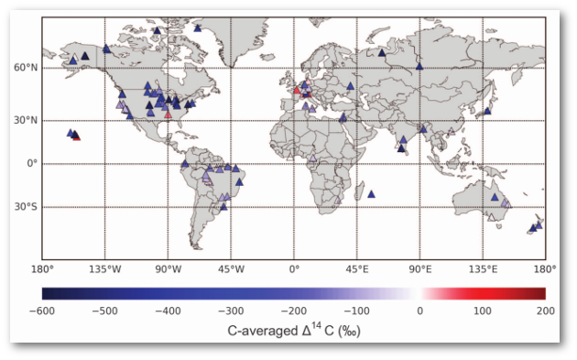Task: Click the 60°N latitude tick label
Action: (x=26, y=68)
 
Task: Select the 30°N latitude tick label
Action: (x=26, y=120)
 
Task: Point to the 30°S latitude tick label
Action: (x=26, y=207)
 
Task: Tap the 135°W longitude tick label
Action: (x=104, y=269)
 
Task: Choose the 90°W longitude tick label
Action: (x=168, y=269)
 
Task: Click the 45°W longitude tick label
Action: (x=231, y=269)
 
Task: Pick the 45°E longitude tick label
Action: (x=357, y=269)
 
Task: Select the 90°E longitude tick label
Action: (x=420, y=269)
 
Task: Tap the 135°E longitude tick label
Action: (x=484, y=269)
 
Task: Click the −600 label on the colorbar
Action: (x=42, y=311)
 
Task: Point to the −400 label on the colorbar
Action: (x=168, y=311)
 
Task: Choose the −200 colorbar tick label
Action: (x=293, y=311)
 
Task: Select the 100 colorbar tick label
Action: (x=483, y=311)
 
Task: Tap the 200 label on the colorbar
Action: (x=544, y=311)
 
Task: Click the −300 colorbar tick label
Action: (x=231, y=311)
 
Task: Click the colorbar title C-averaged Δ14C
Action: (x=293, y=330)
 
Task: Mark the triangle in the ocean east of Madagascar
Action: (x=371, y=194)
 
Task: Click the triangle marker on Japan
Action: (x=488, y=111)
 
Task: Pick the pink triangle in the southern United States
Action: (x=168, y=115)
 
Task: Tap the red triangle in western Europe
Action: (x=297, y=91)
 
